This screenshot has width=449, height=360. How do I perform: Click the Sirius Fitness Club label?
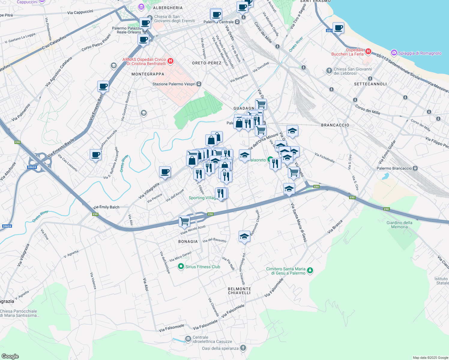pyautogui.click(x=203, y=267)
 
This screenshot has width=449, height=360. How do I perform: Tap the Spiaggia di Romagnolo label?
pyautogui.click(x=420, y=53)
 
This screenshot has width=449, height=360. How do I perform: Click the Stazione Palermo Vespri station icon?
pyautogui.click(x=199, y=84)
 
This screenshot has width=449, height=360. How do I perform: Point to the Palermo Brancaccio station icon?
pyautogui.click(x=415, y=168)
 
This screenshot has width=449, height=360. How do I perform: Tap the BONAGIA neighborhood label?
pyautogui.click(x=188, y=241)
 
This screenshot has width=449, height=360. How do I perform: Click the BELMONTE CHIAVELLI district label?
pyautogui.click(x=239, y=291)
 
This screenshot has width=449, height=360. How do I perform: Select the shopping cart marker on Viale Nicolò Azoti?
pyautogui.click(x=184, y=221)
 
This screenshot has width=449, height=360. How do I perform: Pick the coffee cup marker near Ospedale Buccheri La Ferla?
pyautogui.click(x=338, y=28)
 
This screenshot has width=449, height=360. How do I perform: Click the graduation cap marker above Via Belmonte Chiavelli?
pyautogui.click(x=244, y=236)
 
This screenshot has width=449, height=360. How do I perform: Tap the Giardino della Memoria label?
pyautogui.click(x=399, y=225)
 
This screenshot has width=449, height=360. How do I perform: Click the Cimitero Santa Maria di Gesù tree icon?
pyautogui.click(x=310, y=271)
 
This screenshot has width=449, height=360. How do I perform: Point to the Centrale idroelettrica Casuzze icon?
pyautogui.click(x=188, y=339)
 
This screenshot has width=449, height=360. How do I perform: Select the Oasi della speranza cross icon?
pyautogui.click(x=243, y=348)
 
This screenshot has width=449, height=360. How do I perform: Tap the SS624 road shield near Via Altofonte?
pyautogui.click(x=32, y=167)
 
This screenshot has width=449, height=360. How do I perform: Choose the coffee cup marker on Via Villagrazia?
pyautogui.click(x=165, y=172)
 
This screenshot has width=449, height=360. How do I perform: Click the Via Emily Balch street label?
pyautogui.click(x=106, y=207)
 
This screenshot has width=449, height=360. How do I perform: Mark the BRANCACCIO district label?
pyautogui.click(x=335, y=125)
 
